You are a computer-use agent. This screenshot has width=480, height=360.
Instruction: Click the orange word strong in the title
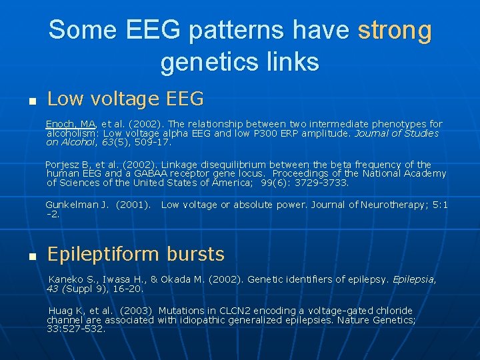click(395, 31)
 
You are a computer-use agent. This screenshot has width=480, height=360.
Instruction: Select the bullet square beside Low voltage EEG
click(31, 102)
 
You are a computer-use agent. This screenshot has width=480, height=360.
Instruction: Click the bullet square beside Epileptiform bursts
click(31, 257)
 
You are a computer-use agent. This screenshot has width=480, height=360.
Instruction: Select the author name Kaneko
click(65, 280)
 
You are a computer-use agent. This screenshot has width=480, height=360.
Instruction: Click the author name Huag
click(60, 311)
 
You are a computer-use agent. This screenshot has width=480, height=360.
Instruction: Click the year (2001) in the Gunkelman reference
click(133, 205)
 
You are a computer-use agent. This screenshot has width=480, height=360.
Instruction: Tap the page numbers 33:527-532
click(75, 329)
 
